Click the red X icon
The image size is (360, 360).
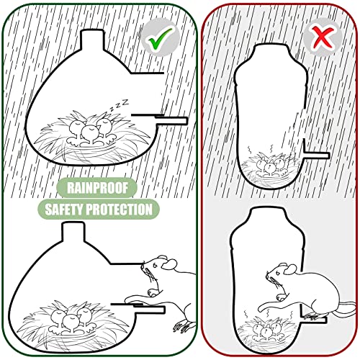pos(322,37)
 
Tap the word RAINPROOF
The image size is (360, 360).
pos(97,188)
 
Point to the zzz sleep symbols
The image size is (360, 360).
pos(120,105)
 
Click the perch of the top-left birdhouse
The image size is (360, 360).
pos(171,120)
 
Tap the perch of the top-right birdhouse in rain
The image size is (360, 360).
pos(316,155)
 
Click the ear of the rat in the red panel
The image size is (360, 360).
pos(290,269)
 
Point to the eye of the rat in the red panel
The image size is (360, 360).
pos(278,273)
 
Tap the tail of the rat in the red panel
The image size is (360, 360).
pos(346,310)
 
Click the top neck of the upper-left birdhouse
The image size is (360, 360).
pos(92,40)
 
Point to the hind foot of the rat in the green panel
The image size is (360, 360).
pos(182,326)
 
